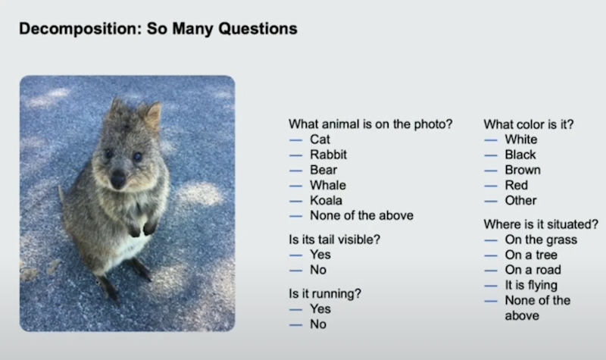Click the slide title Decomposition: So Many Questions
point(158,29)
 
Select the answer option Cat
point(320,139)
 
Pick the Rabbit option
point(328,155)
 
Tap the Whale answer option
point(328,185)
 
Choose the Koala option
point(326,200)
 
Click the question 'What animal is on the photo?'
point(370,124)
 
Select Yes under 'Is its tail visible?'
point(320,255)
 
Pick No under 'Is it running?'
point(318,324)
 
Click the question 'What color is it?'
point(528,124)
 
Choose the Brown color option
point(523,170)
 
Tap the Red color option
point(517,185)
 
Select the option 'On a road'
point(533,270)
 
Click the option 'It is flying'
point(531,286)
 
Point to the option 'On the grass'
point(541,239)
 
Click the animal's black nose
point(118,179)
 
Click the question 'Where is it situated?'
point(541,224)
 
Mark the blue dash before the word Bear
point(295,171)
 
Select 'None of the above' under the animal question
point(361,215)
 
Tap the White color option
point(521,139)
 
